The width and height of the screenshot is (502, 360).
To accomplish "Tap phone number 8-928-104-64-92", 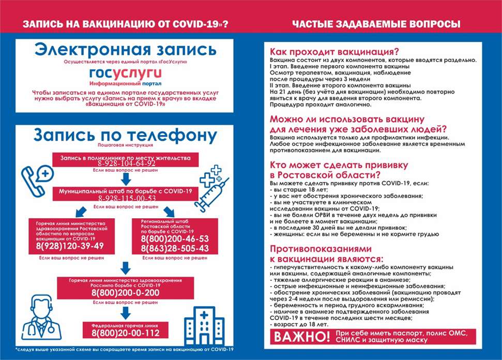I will click(126, 163).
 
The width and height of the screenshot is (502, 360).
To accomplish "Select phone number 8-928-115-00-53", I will click(126, 198).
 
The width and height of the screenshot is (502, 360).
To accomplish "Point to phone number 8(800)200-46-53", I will click(175, 239).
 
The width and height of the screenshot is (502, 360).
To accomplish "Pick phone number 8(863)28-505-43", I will click(175, 249).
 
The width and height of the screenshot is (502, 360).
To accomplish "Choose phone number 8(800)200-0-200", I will click(125, 293).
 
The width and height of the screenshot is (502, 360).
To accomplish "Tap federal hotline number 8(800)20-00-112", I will click(125, 334).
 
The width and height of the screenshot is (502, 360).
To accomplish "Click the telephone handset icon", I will click(37, 178).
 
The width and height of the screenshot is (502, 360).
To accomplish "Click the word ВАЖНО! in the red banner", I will click(301, 337).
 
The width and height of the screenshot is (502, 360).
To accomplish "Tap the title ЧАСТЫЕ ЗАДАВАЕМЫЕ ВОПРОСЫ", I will click(376, 24).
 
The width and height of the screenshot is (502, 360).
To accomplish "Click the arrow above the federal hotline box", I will click(125, 312).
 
